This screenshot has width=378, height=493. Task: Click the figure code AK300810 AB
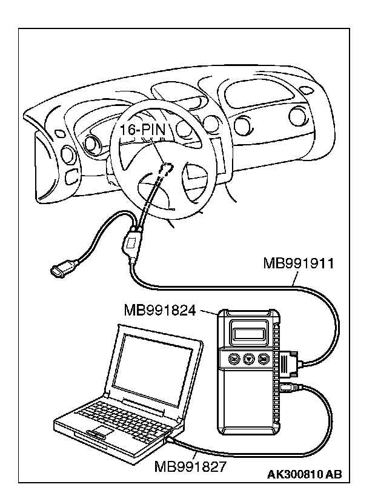pyautogui.click(x=304, y=474)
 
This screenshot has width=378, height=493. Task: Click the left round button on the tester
pyautogui.click(x=234, y=359)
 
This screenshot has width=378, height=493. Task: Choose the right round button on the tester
pyautogui.click(x=264, y=359)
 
